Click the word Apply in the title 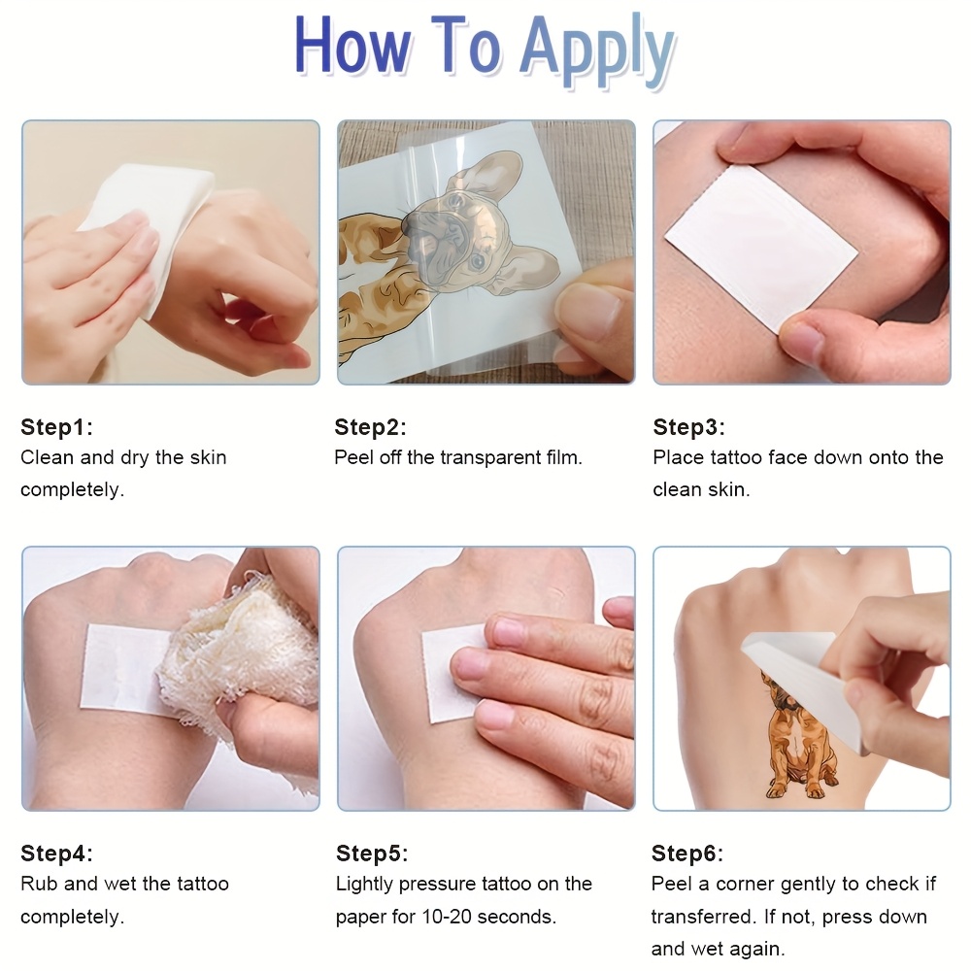point(597,52)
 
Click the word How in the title point(352,45)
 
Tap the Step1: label point(56,426)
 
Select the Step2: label point(370,426)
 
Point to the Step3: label point(688,426)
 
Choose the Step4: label point(56,853)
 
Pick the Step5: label point(372,853)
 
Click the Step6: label point(686,853)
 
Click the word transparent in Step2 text point(490,458)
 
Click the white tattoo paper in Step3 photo point(761,248)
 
